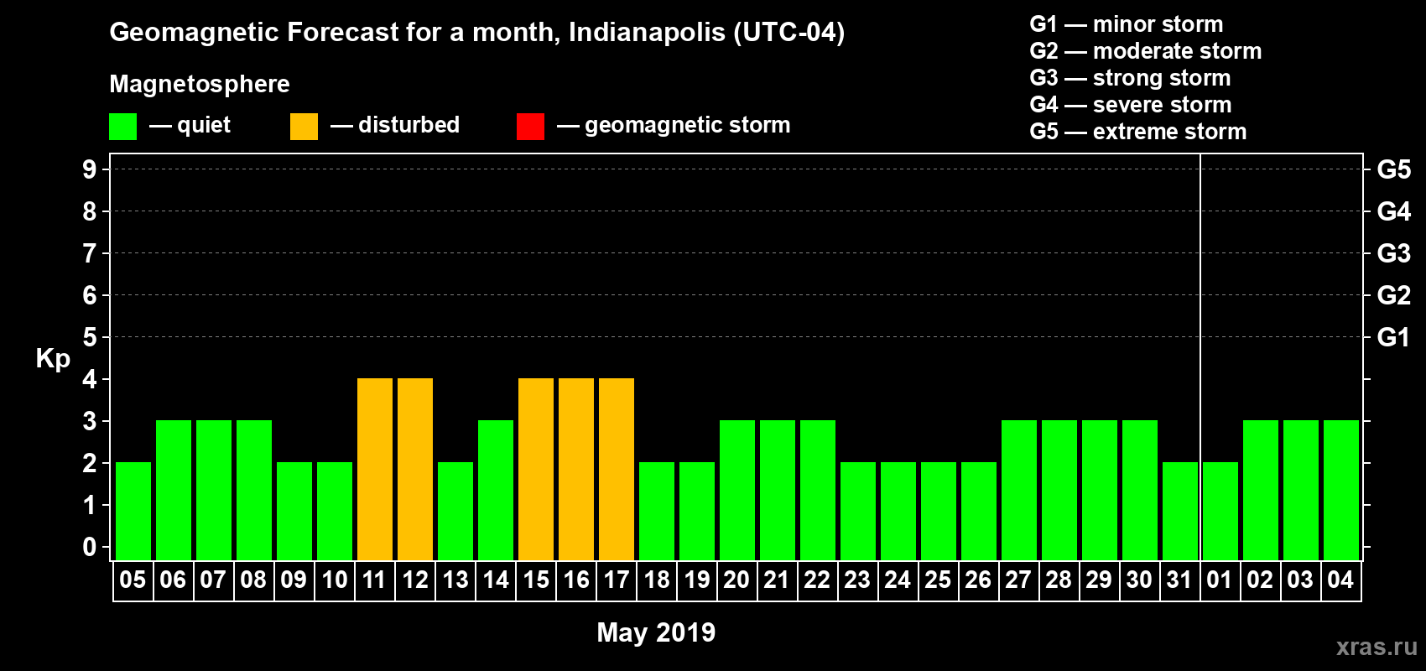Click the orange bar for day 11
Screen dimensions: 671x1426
coord(375,469)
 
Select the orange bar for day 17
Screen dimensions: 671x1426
coord(617,469)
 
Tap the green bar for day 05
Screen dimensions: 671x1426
coord(133,511)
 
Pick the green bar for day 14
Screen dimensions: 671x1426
coord(496,490)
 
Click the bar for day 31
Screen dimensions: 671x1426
coord(1180,511)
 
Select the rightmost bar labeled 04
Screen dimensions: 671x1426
coord(1341,490)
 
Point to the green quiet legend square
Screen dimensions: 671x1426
coord(123,127)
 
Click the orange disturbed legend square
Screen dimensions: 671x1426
coord(304,127)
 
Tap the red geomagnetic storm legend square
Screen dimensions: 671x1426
coord(531,127)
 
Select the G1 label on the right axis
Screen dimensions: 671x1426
coord(1393,337)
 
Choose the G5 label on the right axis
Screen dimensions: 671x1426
coord(1393,169)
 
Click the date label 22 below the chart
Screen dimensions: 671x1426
coord(817,580)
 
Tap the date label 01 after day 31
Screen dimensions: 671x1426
coord(1220,580)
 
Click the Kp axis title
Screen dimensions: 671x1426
coord(53,358)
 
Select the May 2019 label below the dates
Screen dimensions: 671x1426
coord(656,632)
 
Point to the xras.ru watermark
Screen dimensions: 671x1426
coord(1377,647)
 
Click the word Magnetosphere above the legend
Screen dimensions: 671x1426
coord(200,84)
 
